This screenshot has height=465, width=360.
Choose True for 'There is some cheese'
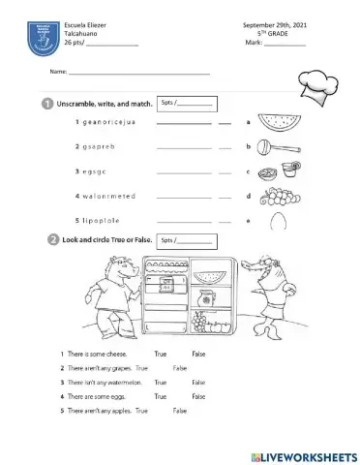click(161, 355)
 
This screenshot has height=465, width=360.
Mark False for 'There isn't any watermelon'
click(199, 383)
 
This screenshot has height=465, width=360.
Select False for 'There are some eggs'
click(199, 396)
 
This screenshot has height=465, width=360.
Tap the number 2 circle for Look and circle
click(46, 239)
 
